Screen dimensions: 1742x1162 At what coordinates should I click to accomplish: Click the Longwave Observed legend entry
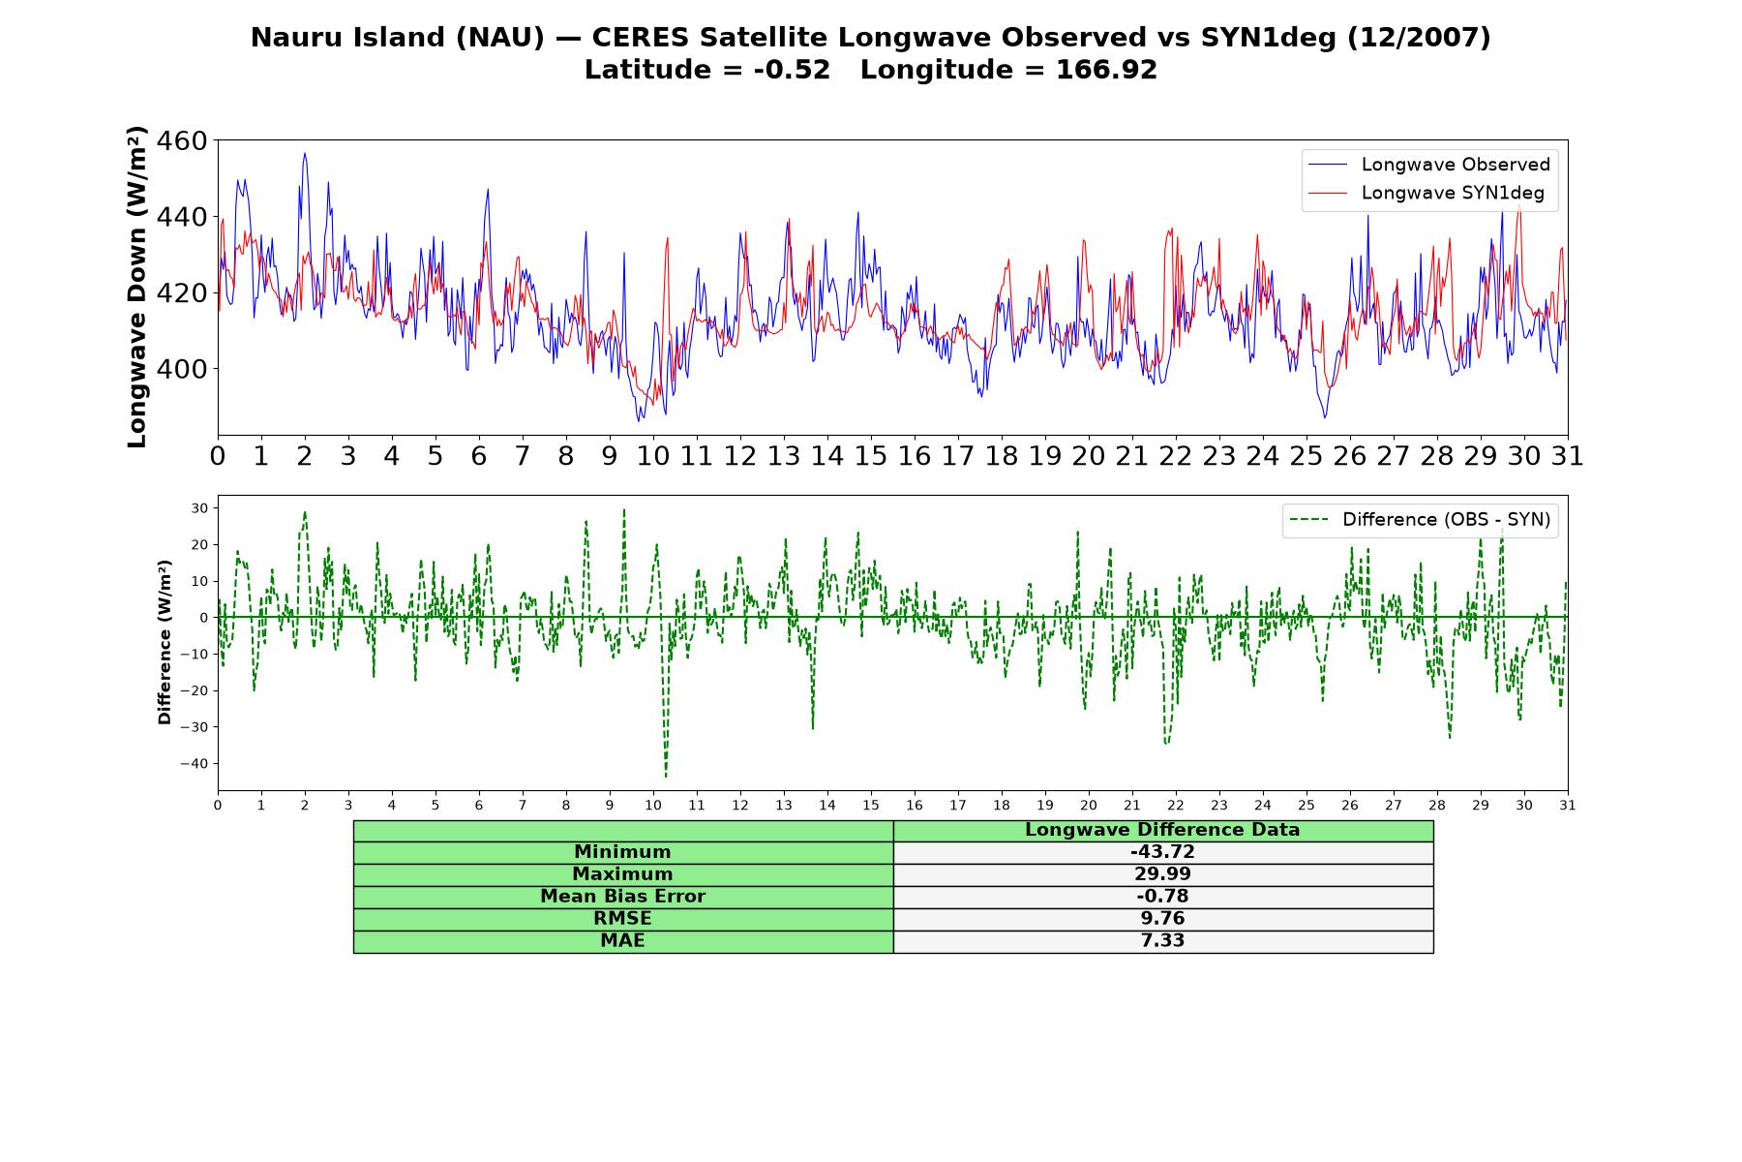click(1428, 165)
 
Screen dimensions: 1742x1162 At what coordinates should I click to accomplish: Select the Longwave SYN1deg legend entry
click(1426, 193)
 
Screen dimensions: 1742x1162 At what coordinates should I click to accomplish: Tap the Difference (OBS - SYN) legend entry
click(1420, 520)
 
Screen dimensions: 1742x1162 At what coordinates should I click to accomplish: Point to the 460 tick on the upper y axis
click(181, 141)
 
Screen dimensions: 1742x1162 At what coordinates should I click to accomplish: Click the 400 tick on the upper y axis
click(181, 369)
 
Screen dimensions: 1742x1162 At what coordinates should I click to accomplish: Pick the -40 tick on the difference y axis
click(194, 764)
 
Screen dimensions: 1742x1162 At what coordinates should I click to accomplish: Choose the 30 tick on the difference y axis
click(200, 508)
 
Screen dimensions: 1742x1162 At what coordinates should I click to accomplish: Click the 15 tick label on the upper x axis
click(871, 456)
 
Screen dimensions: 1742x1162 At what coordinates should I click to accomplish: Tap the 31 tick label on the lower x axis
click(1568, 805)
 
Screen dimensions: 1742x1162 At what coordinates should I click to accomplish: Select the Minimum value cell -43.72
click(1162, 852)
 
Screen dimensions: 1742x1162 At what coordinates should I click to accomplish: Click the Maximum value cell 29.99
click(1162, 874)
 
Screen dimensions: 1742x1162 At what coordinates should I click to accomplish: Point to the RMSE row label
click(623, 919)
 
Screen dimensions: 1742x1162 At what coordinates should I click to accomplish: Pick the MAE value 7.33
click(1162, 941)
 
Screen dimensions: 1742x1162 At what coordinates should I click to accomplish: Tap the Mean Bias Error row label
click(623, 897)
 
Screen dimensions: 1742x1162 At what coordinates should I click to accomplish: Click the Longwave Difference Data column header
click(1162, 830)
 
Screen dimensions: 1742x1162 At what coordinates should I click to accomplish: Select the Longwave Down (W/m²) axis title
click(137, 288)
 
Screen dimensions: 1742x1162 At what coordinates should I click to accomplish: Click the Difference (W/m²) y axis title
click(165, 643)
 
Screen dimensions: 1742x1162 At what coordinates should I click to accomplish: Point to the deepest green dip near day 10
click(666, 777)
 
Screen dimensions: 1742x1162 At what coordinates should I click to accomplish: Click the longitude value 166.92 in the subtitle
click(1106, 71)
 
